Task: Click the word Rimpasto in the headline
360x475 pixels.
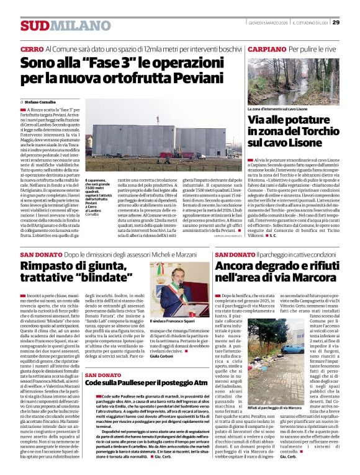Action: pyautogui.click(x=53, y=267)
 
